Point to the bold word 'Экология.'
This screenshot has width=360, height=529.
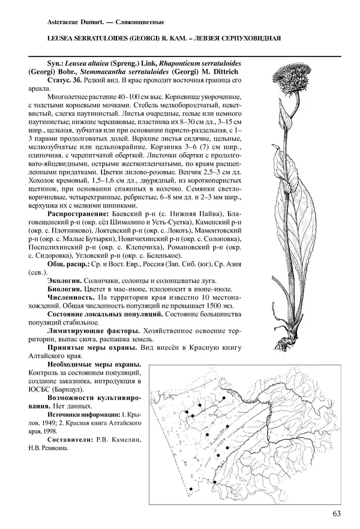[65, 279]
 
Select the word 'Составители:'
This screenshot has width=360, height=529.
[68, 440]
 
